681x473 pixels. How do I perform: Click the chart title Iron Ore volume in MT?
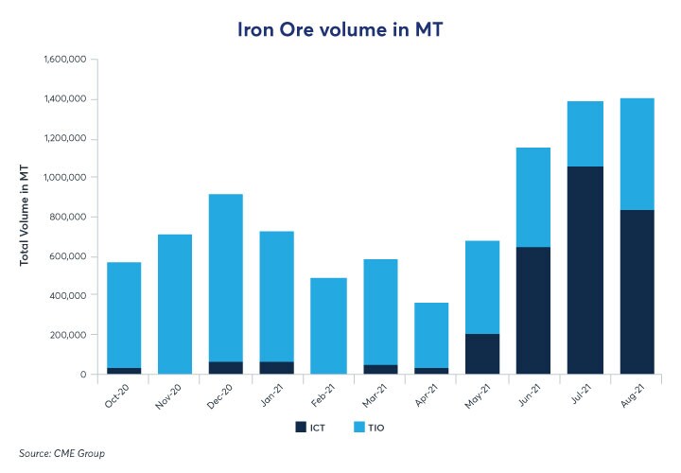[x=340, y=30]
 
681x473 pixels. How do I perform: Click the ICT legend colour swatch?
[x=302, y=428]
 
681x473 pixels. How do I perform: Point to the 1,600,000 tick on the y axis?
[x=65, y=60]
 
